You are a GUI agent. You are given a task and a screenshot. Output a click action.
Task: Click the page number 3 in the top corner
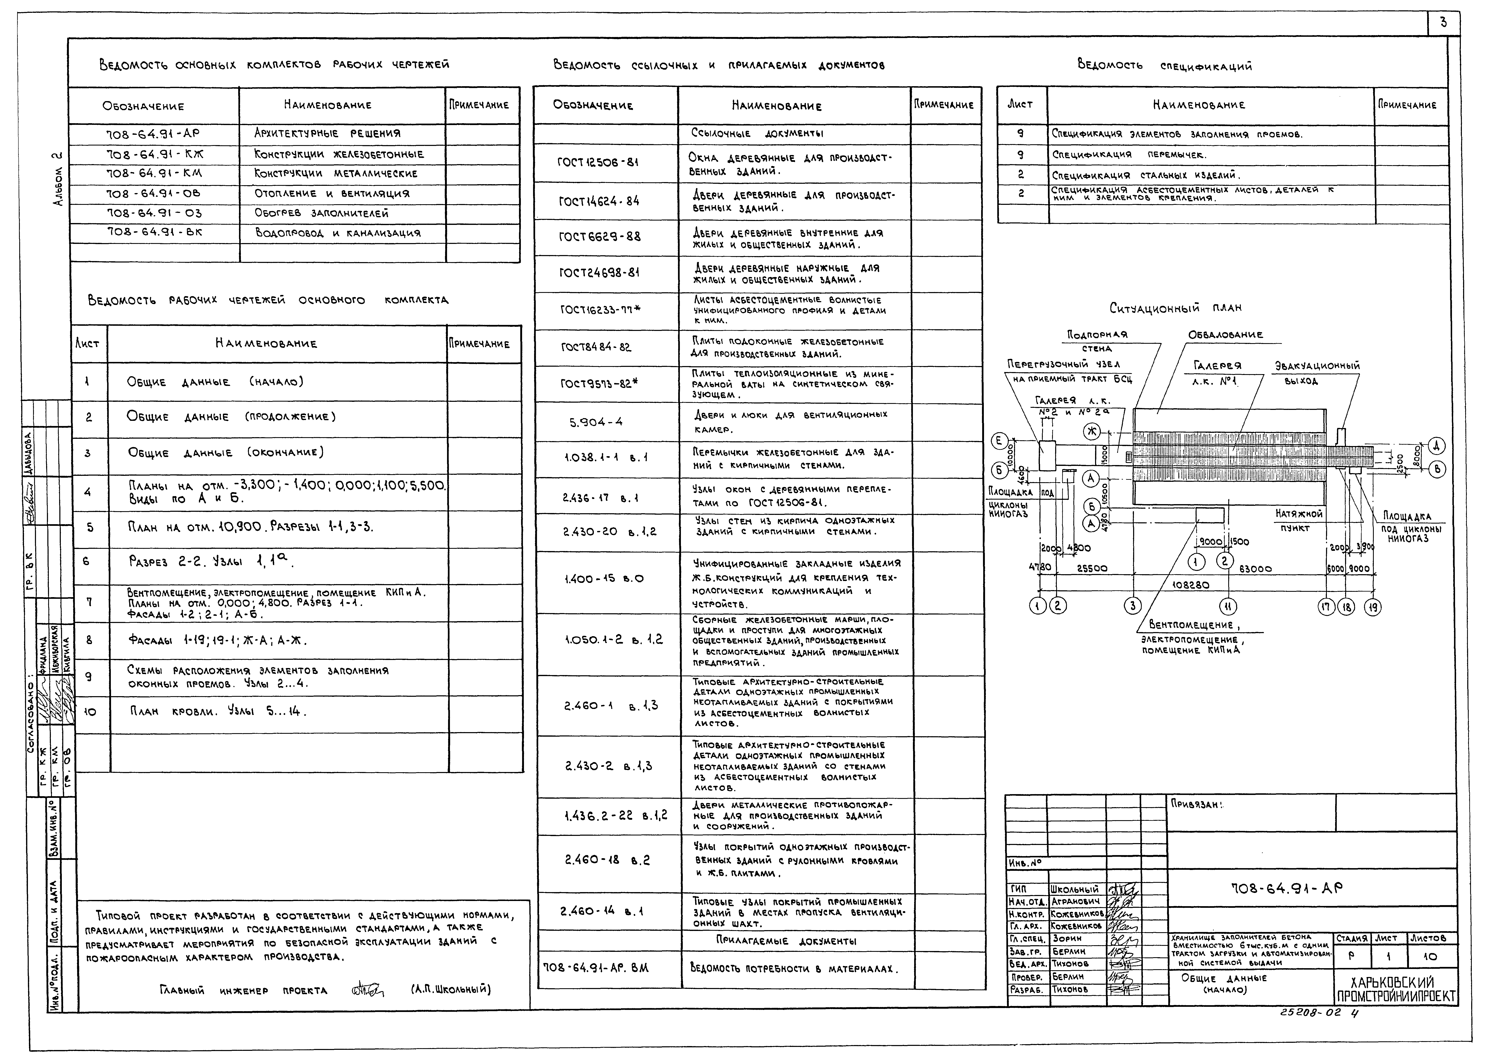[x=1443, y=23]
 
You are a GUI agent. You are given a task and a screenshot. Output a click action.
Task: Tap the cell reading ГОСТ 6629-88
[x=599, y=237]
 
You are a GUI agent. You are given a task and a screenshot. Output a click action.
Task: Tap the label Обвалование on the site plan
[x=1225, y=335]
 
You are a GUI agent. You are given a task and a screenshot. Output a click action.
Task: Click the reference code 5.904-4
[x=596, y=422]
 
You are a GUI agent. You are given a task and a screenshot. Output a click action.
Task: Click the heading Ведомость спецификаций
[x=1164, y=66]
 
